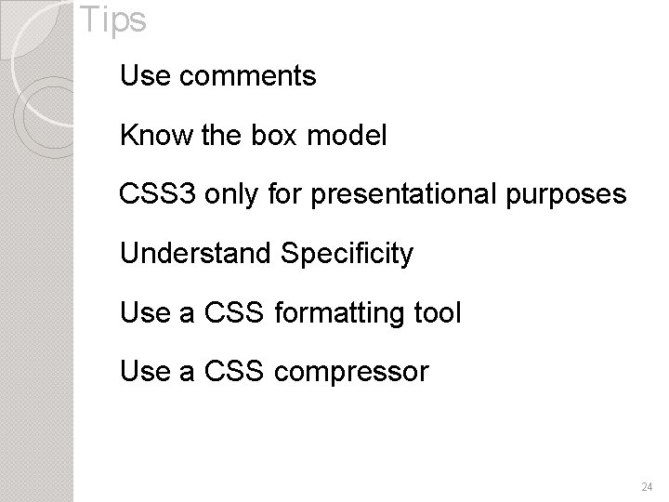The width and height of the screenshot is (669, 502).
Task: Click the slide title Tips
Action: point(112,20)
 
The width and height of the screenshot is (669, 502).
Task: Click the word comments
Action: point(246,76)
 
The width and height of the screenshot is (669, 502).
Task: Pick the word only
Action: point(226,196)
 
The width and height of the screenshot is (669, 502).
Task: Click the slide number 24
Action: point(647,486)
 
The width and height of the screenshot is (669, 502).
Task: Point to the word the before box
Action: point(218,137)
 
